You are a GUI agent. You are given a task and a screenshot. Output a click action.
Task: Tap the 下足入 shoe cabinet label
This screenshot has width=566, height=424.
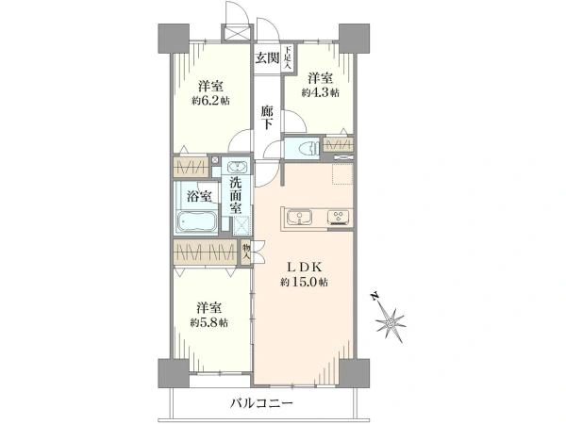click(x=289, y=57)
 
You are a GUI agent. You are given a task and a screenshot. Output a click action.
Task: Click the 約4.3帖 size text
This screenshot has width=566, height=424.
click(x=322, y=92)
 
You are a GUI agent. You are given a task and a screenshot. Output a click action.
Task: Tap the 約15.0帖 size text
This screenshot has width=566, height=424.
click(x=304, y=282)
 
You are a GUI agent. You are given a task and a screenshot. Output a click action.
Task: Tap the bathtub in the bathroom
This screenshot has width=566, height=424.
click(x=197, y=223)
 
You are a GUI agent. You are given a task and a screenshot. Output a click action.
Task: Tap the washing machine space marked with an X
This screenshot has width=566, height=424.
click(x=241, y=223)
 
